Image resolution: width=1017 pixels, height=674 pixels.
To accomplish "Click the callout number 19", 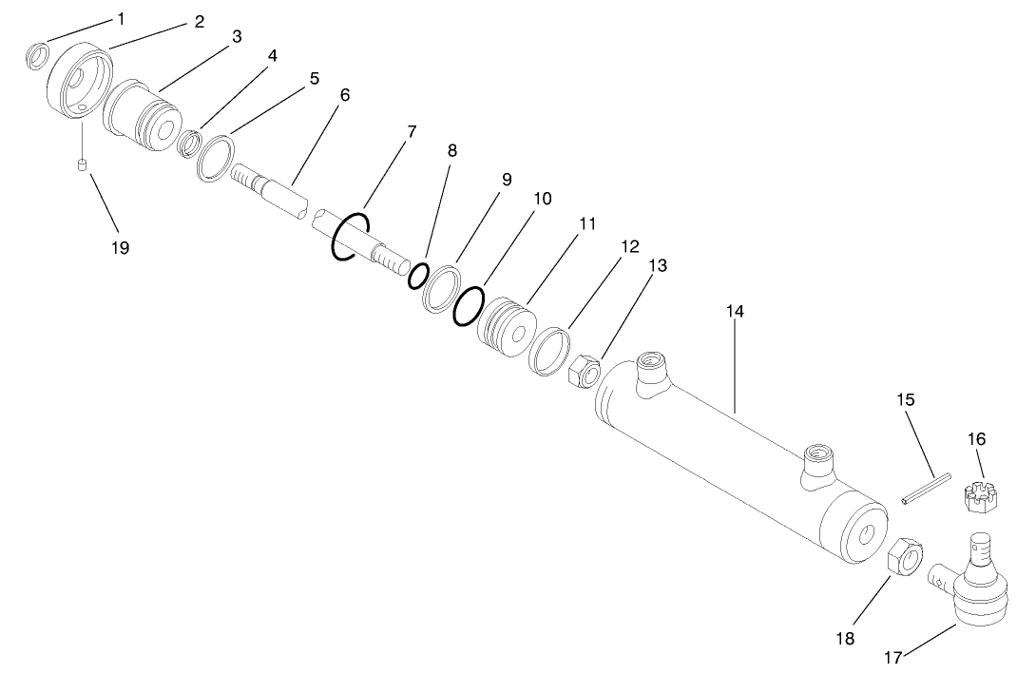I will click(x=120, y=247).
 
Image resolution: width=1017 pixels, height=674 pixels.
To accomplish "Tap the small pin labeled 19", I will click(x=83, y=166).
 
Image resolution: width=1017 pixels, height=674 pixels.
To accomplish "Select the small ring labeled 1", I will click(x=36, y=56).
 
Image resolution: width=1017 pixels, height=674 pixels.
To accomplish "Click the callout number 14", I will click(x=736, y=311).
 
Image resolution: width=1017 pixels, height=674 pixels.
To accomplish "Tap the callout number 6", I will click(x=344, y=95).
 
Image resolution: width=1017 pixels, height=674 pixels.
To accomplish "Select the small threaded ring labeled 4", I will click(x=193, y=144).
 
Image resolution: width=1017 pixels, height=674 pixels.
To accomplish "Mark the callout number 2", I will click(x=200, y=22).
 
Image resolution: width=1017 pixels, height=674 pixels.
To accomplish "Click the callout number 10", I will click(x=542, y=199).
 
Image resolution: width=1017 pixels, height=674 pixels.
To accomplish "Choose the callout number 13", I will click(x=658, y=266).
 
